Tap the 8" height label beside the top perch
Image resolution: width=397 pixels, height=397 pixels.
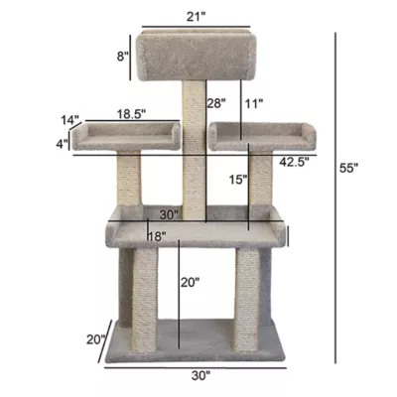[x=122, y=56]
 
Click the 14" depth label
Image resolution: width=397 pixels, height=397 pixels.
[x=70, y=120]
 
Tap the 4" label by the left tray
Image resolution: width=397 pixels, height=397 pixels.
[x=63, y=145]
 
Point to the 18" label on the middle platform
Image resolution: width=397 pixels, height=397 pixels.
[x=156, y=235]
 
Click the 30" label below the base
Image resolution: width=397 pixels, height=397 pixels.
[x=201, y=376]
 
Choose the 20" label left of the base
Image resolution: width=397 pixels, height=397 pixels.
[x=95, y=339]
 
